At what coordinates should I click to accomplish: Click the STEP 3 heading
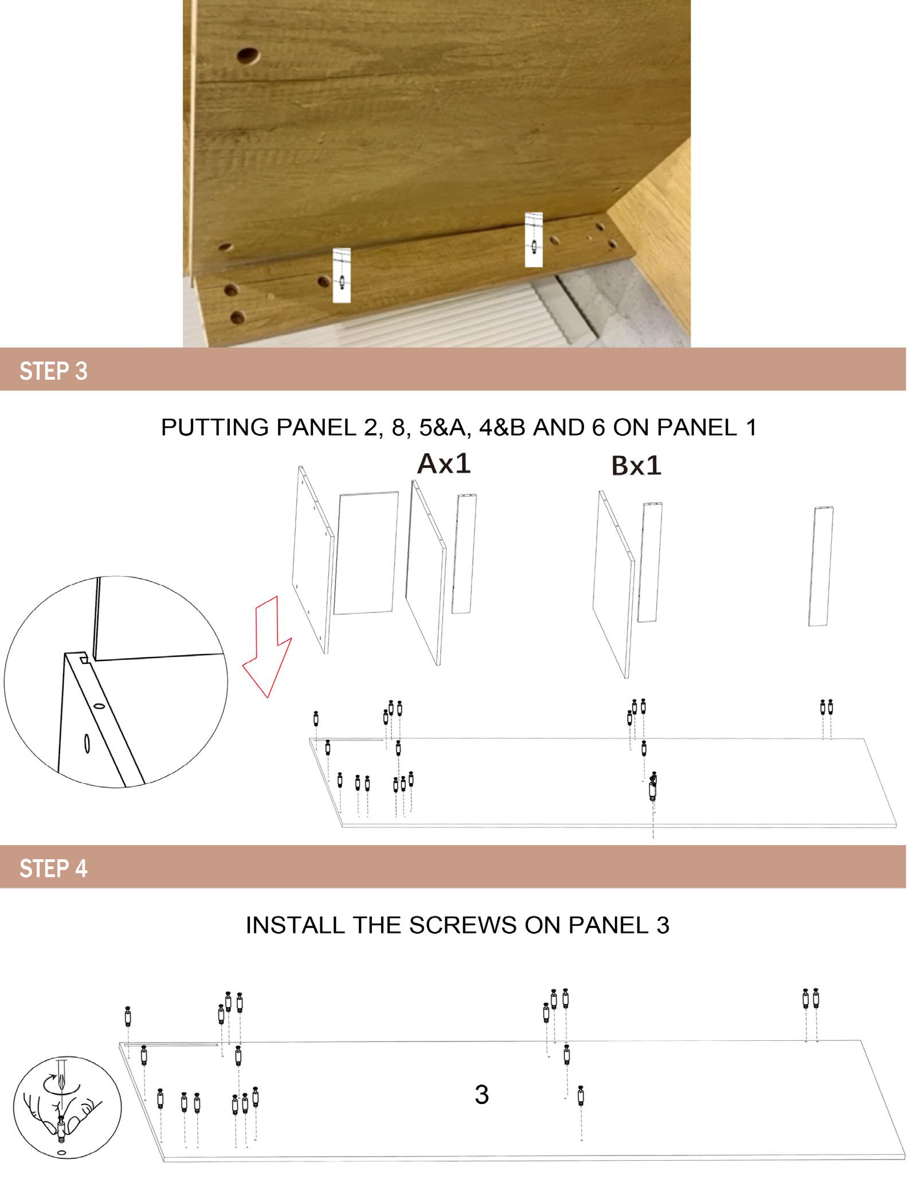coord(53,371)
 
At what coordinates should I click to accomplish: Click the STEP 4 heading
coord(53,868)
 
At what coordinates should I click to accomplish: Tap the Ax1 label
coord(444,463)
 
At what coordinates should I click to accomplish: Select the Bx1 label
coord(636,466)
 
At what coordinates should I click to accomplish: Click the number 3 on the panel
coord(481,1095)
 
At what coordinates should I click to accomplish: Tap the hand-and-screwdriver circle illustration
coord(67,1105)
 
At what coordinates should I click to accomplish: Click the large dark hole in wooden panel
coord(248,56)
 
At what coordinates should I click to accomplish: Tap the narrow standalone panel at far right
coord(821,566)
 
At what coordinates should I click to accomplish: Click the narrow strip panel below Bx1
coord(650,562)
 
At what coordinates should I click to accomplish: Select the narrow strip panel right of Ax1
coord(464,553)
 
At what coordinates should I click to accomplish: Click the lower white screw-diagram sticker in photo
coord(342,276)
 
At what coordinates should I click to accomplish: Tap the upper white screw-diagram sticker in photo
coord(534,239)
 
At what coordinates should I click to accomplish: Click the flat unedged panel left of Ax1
coord(366,553)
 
